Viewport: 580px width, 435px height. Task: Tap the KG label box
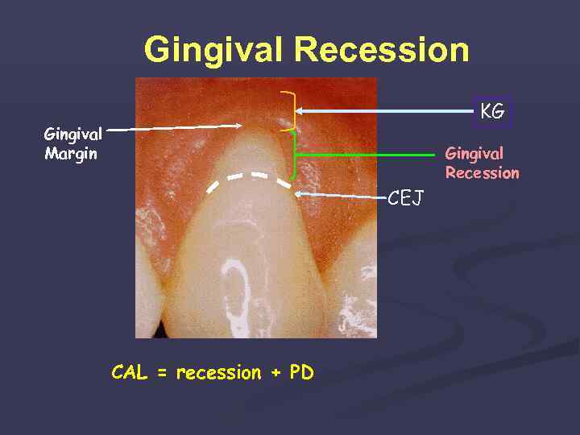point(492,112)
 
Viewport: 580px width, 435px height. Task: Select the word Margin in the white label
point(71,154)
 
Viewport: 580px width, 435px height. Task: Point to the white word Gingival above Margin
point(72,135)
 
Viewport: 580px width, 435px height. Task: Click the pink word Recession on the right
point(482,172)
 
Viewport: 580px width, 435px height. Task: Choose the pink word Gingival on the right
point(474,153)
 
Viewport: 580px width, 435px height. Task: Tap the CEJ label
point(406,198)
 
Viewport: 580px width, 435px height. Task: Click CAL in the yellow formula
point(130,373)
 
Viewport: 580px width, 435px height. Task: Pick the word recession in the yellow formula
point(218,373)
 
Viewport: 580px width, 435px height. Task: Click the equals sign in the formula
point(161,374)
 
